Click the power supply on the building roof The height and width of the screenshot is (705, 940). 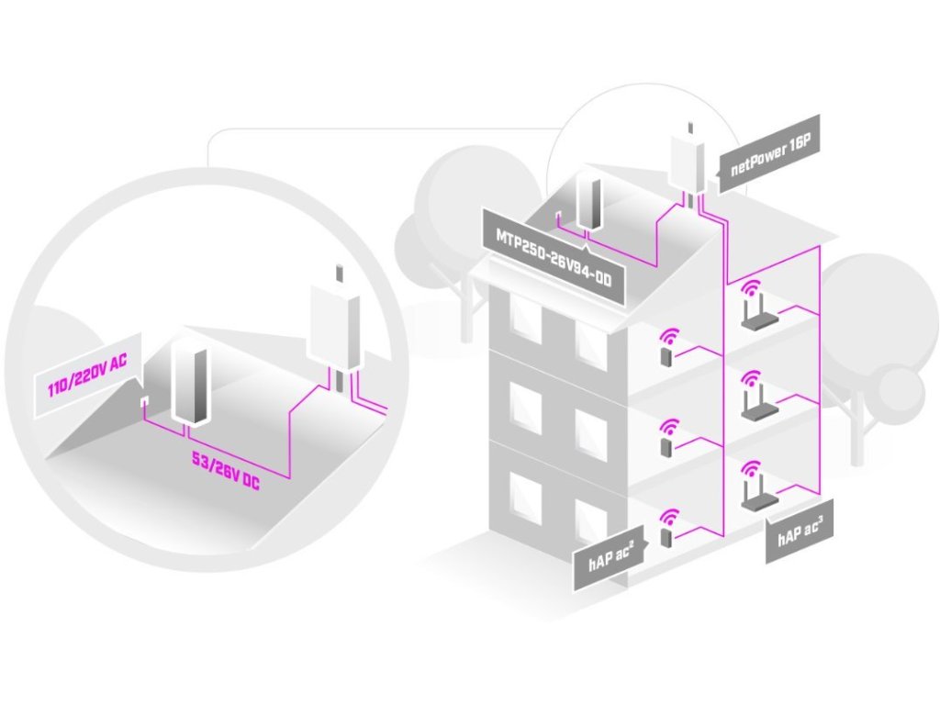tap(587, 202)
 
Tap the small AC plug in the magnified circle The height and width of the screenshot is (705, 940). tap(144, 403)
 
